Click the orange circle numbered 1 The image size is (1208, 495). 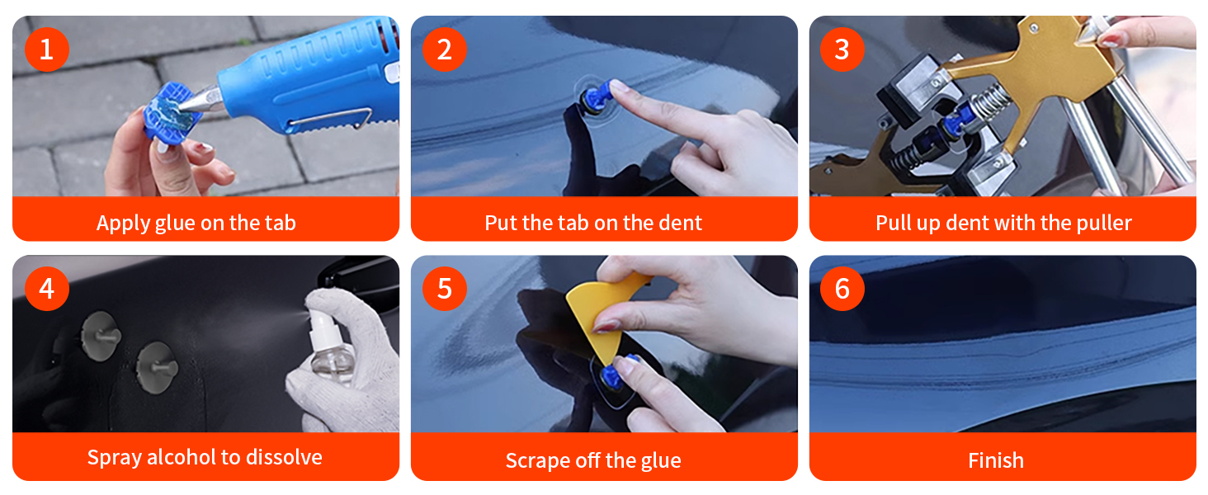tap(47, 49)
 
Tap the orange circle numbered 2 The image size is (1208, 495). tap(445, 49)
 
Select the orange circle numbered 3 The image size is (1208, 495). tap(842, 49)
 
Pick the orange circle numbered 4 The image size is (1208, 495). tap(47, 289)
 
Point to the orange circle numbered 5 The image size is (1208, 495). tap(445, 289)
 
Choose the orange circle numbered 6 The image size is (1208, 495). tap(842, 289)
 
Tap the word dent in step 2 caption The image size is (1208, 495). tap(680, 223)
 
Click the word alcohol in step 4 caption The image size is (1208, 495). tap(183, 457)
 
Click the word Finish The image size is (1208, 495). tap(995, 461)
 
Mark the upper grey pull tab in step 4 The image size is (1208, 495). tap(101, 336)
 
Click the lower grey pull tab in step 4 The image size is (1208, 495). tap(157, 367)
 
